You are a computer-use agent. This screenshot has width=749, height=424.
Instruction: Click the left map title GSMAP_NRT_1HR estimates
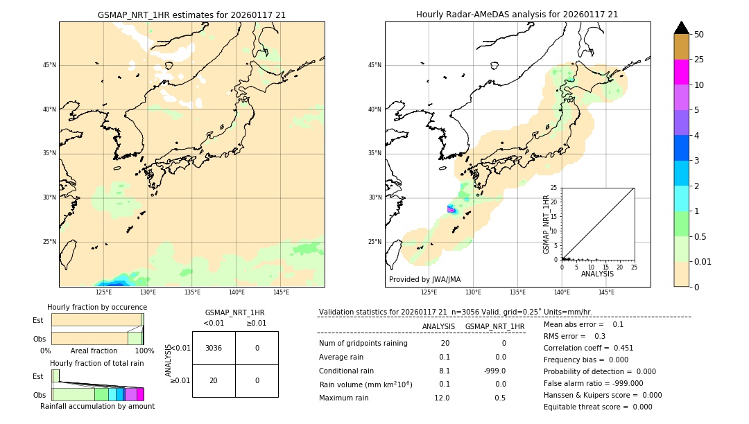[x=191, y=15]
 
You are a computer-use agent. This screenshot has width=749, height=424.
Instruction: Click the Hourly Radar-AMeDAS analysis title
[x=517, y=15]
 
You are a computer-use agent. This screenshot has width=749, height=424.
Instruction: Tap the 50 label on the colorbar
[x=699, y=35]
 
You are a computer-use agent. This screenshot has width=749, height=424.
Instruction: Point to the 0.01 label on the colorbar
[x=703, y=261]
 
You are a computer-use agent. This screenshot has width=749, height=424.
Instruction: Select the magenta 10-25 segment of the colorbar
[x=681, y=72]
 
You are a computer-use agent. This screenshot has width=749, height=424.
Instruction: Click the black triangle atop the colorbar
[x=681, y=28]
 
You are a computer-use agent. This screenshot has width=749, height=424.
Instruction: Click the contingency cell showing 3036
[x=214, y=348]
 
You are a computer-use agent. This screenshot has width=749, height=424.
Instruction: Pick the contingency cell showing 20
[x=214, y=380]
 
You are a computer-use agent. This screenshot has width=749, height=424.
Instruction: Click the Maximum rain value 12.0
[x=442, y=398]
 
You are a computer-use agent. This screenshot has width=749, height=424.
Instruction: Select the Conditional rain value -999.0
[x=495, y=371]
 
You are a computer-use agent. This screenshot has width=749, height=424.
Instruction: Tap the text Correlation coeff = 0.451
[x=588, y=348]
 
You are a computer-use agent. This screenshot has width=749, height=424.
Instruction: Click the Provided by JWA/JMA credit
[x=424, y=279]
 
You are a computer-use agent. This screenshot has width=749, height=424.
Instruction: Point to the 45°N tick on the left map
[x=49, y=65]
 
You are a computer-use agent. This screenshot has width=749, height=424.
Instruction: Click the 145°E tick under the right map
[x=606, y=292]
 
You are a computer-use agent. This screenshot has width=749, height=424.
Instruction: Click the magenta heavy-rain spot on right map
[x=451, y=209]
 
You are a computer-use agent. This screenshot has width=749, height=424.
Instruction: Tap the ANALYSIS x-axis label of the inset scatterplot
[x=597, y=274]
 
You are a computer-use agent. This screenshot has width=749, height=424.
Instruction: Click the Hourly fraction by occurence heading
[x=97, y=307]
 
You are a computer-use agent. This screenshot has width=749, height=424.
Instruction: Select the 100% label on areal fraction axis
[x=144, y=351]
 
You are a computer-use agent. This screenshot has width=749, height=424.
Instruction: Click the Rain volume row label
[x=365, y=385]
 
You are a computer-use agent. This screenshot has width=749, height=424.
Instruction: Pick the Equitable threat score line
[x=598, y=407]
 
